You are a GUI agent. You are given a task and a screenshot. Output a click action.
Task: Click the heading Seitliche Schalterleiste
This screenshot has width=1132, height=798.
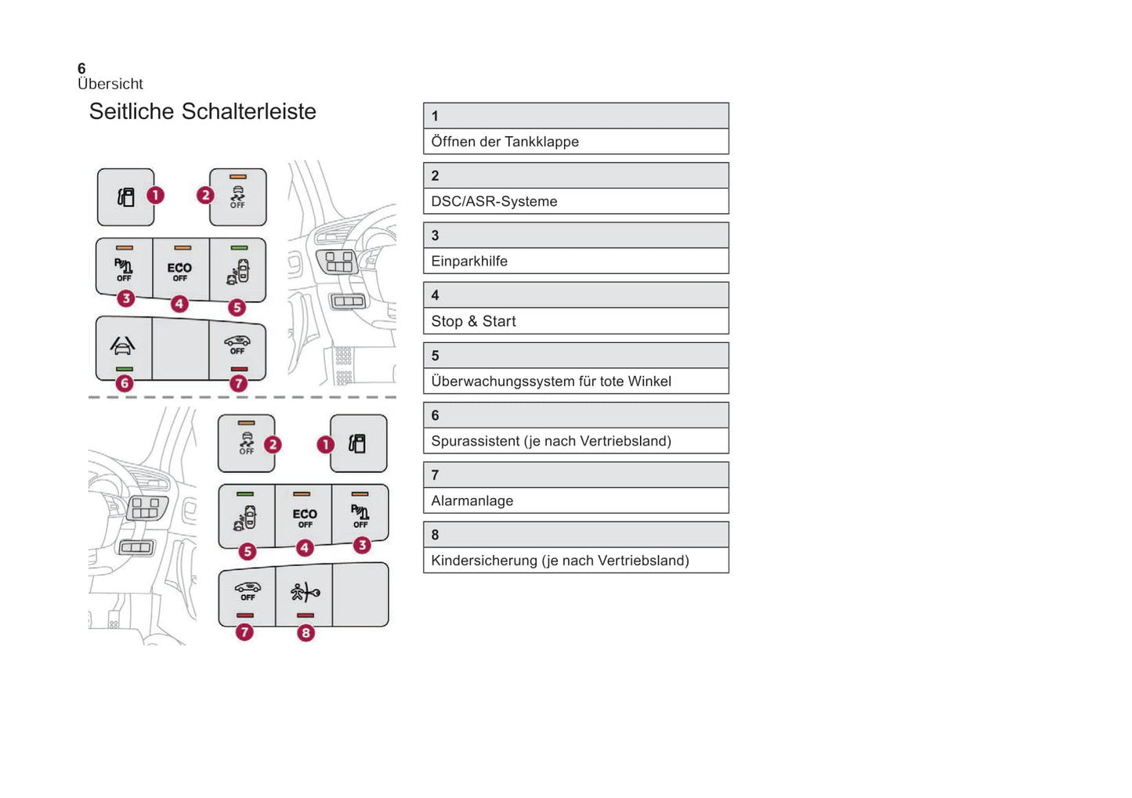[x=202, y=112]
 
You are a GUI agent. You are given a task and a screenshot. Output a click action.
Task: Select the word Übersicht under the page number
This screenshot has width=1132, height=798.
[x=110, y=84]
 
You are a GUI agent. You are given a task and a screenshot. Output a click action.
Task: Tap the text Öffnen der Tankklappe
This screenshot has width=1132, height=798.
[x=505, y=142]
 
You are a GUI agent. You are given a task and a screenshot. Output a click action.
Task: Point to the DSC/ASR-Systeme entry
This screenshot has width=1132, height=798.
[x=494, y=201]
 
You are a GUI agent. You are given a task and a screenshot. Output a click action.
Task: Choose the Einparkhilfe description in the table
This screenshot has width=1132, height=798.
[x=468, y=262]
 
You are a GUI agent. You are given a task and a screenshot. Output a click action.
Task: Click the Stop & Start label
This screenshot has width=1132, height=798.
[x=473, y=321]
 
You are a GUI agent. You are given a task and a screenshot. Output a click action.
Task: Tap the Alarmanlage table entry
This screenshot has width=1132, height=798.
[x=472, y=501]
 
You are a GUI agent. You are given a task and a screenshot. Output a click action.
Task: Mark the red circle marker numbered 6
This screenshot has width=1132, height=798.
[x=124, y=384]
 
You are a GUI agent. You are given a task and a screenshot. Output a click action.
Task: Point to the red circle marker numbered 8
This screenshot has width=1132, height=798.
[x=306, y=633]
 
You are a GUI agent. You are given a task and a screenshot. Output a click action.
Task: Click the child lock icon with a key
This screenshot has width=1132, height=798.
[x=305, y=592]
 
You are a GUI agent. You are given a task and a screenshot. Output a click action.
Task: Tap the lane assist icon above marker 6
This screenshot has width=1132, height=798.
[x=123, y=345]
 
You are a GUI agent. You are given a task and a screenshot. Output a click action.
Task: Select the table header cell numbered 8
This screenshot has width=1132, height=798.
[x=576, y=535]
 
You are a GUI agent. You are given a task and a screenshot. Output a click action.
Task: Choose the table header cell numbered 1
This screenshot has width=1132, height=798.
[x=576, y=116]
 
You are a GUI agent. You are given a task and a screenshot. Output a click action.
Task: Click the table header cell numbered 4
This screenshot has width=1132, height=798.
[x=576, y=295]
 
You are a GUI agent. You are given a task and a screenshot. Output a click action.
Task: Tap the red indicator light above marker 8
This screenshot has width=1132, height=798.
[x=306, y=616]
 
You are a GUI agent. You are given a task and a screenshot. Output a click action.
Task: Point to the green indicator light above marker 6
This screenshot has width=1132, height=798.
[x=124, y=369]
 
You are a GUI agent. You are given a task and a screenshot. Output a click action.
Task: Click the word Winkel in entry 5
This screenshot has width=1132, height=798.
[x=649, y=381]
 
